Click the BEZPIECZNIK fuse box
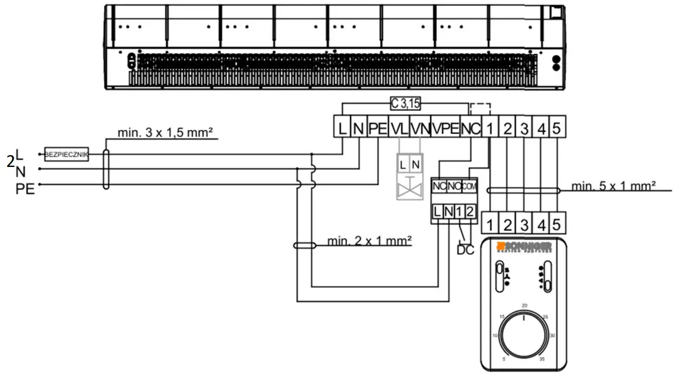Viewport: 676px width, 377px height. pos(66,154)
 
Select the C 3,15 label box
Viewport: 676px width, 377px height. pos(405,104)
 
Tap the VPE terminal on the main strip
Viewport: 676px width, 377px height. pos(445,127)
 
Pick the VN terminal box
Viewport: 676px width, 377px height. pos(420,127)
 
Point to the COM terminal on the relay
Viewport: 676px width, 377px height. pos(469,186)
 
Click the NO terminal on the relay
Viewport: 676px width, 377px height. pos(454,186)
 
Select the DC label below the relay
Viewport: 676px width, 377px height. pos(465,250)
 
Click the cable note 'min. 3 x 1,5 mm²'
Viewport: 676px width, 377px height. pos(164,133)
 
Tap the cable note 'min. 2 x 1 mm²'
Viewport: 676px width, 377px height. pos(369,240)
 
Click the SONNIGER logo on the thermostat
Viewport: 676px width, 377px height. pos(525,245)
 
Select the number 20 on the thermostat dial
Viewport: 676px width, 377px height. pos(524,305)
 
